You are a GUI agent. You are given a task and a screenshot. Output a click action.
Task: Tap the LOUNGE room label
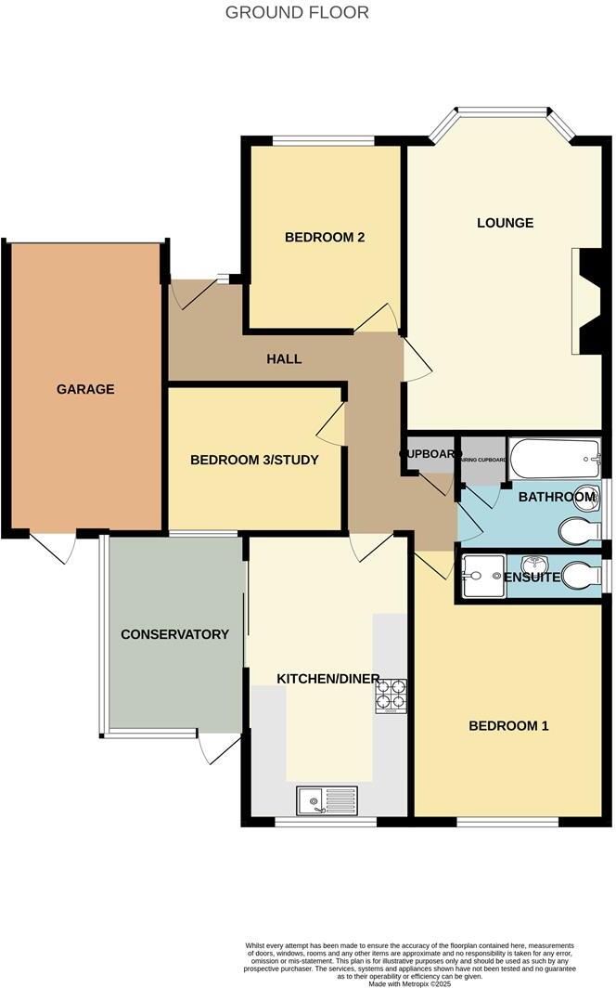[x=505, y=223]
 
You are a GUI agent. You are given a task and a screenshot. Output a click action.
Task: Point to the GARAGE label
[x=85, y=389]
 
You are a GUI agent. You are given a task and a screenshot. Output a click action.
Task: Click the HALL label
[x=284, y=358]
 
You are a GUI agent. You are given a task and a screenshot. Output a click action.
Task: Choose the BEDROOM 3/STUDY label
[x=254, y=460]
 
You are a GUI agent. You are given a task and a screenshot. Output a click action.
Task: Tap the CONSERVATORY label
[x=174, y=634]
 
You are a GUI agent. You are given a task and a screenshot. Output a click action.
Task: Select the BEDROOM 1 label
[x=508, y=725]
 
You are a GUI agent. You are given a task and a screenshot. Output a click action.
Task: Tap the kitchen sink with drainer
[x=327, y=799]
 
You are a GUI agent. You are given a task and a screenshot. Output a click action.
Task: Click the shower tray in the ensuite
[x=481, y=577]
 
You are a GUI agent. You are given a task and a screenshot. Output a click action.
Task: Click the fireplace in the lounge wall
[x=590, y=301]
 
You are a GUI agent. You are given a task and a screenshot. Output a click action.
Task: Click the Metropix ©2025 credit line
[x=410, y=982]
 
